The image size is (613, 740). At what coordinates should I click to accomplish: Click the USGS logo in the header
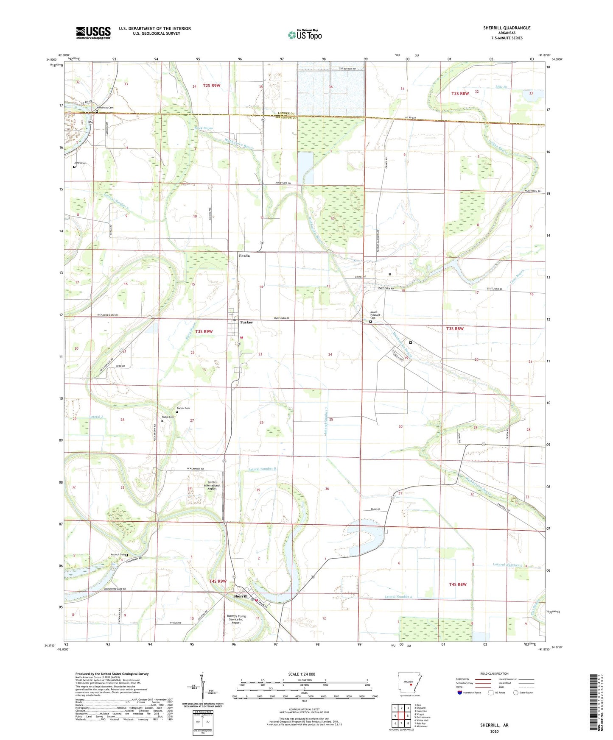click(x=93, y=33)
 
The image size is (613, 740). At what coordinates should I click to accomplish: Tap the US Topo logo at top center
click(x=305, y=35)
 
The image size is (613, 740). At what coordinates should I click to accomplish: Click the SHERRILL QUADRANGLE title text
click(x=507, y=28)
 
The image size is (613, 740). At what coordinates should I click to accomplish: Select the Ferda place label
click(x=244, y=256)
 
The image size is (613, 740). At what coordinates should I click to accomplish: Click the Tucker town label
click(x=246, y=322)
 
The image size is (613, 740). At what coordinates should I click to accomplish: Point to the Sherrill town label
click(x=240, y=596)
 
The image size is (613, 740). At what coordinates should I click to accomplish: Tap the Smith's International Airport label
click(x=212, y=485)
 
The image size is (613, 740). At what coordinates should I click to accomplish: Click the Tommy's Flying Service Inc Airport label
click(x=236, y=619)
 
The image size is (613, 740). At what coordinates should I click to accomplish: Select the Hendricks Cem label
click(x=105, y=108)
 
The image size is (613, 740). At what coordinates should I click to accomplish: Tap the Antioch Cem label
click(x=118, y=554)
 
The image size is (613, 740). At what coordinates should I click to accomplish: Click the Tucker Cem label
click(x=183, y=408)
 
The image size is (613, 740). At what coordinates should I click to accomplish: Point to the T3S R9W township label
click(x=204, y=331)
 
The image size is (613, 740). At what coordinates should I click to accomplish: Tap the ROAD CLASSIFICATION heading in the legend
click(x=495, y=673)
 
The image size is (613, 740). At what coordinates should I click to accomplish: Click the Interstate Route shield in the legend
click(x=460, y=693)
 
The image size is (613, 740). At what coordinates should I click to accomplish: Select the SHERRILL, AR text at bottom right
click(x=494, y=725)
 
